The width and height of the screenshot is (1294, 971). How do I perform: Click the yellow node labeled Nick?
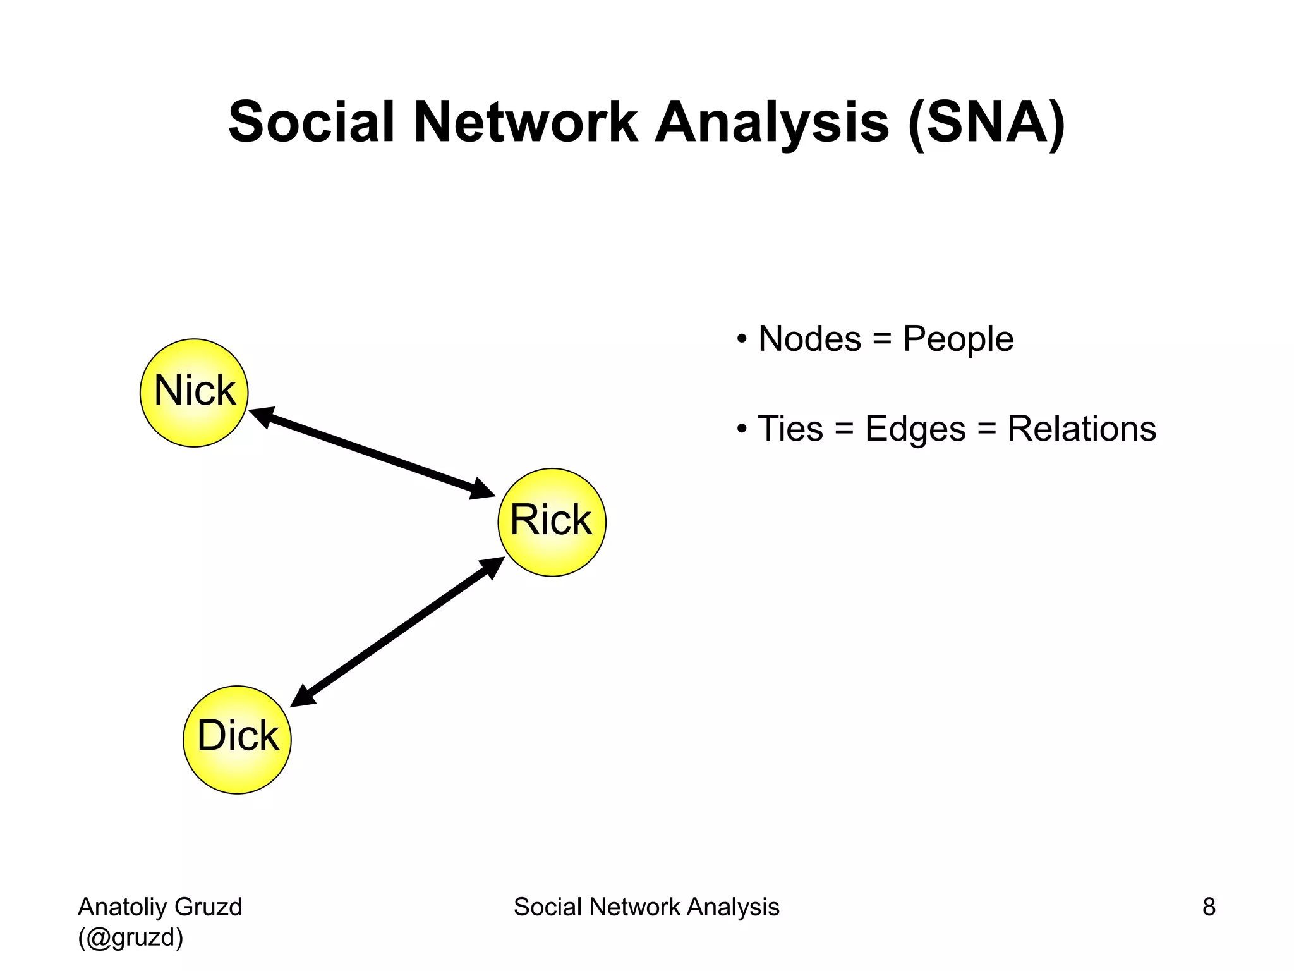click(194, 393)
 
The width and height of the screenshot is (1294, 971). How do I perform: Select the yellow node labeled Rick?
click(552, 522)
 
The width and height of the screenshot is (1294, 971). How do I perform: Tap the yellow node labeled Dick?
click(237, 740)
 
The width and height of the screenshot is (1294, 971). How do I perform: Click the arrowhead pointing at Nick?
click(261, 415)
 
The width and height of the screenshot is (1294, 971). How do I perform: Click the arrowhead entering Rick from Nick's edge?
click(483, 490)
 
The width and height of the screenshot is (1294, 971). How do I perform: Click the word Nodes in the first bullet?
click(809, 339)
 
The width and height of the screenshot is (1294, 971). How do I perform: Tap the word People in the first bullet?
click(958, 339)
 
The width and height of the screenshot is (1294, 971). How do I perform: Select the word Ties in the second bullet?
click(790, 429)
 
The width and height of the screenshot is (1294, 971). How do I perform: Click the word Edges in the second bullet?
click(915, 429)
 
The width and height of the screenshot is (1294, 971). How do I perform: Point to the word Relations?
click(1081, 429)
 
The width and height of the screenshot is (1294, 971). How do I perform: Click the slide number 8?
click(1208, 907)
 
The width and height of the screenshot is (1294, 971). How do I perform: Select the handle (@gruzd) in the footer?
click(131, 937)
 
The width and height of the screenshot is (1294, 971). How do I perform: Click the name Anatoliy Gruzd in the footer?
click(160, 907)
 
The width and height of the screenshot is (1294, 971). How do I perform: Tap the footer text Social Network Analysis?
click(646, 907)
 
